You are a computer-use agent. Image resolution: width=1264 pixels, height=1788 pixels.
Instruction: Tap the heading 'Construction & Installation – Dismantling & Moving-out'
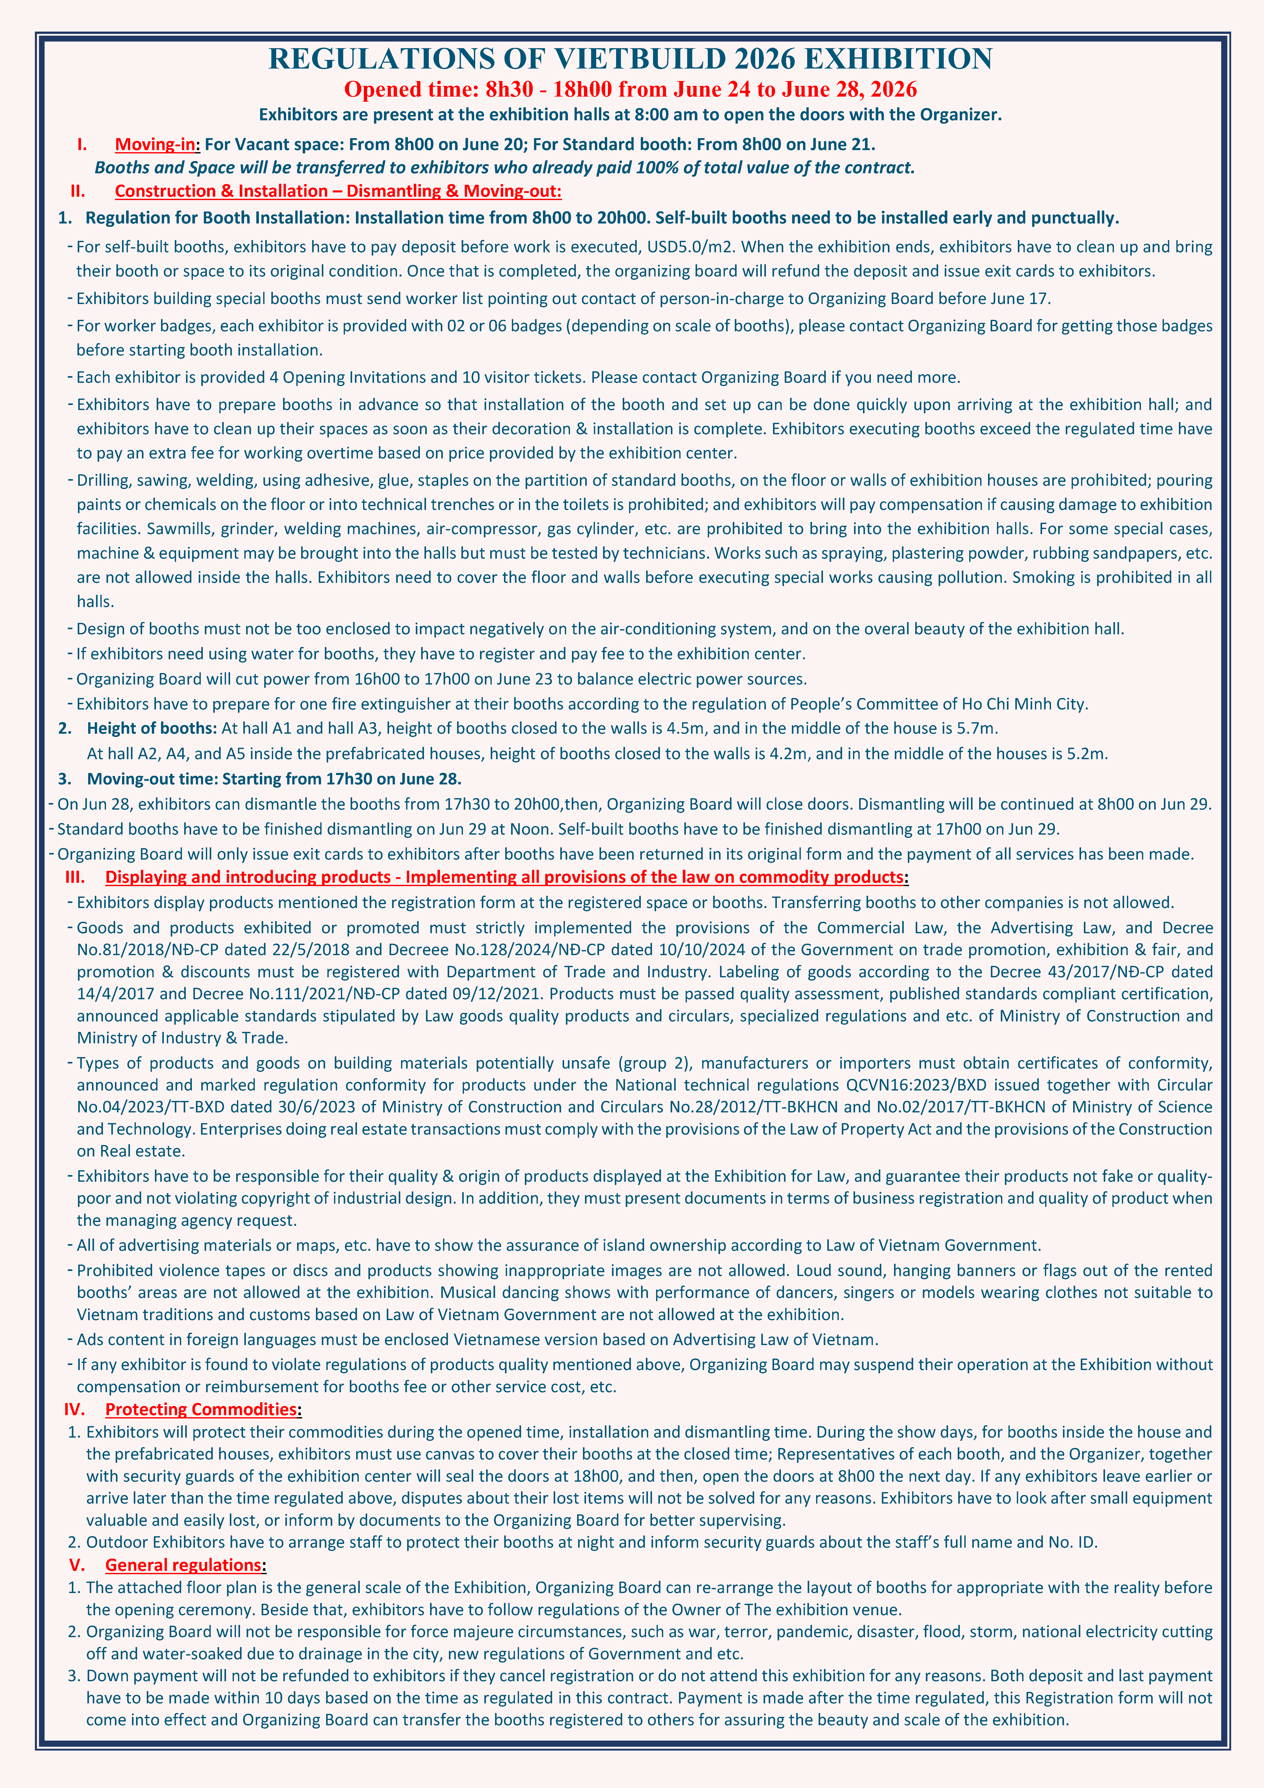point(337,192)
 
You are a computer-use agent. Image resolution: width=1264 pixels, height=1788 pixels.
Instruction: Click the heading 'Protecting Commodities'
point(201,1409)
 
